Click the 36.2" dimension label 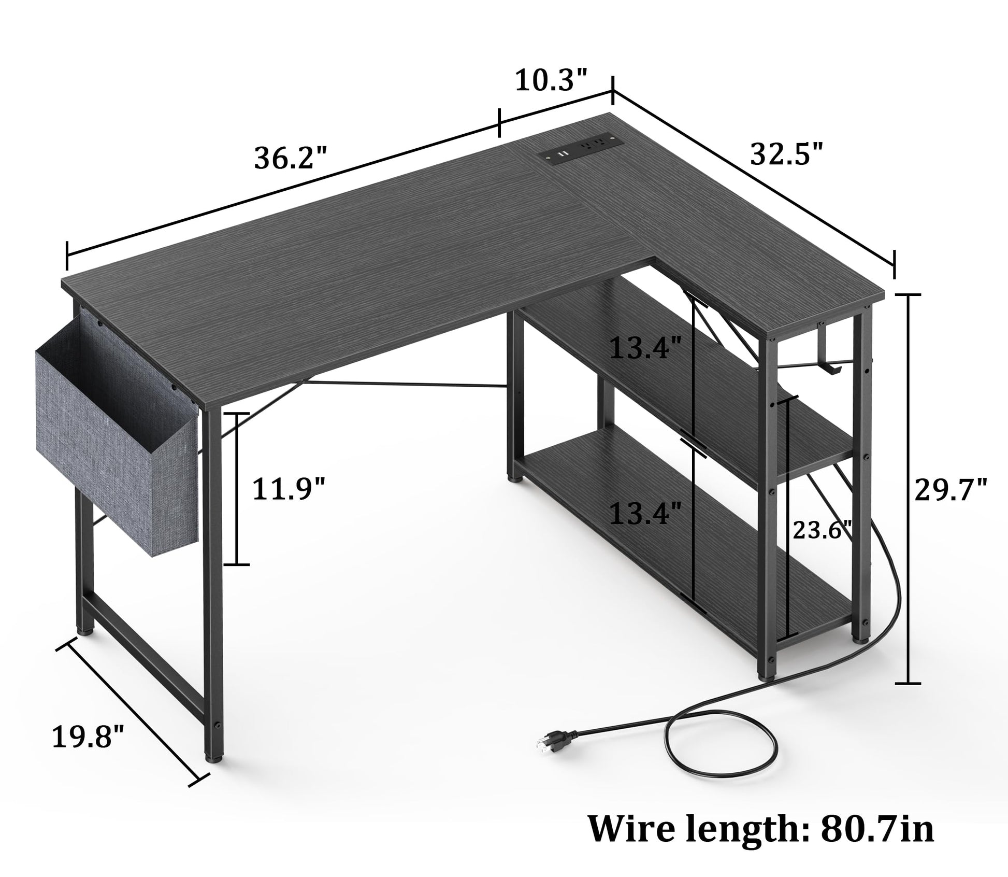pyautogui.click(x=291, y=158)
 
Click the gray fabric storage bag pyautogui.click(x=117, y=430)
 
